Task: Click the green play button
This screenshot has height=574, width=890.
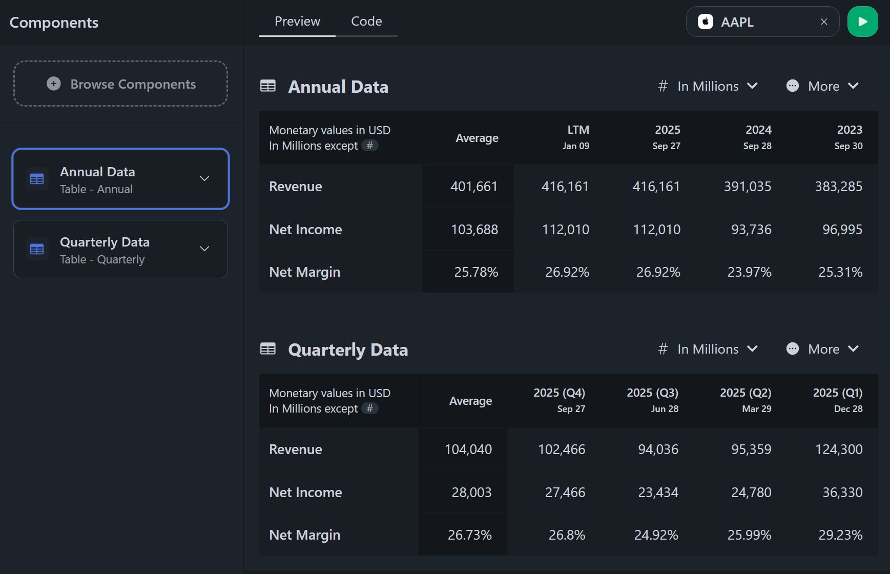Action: [862, 22]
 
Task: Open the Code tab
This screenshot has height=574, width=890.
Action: [366, 22]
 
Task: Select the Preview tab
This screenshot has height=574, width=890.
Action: [297, 22]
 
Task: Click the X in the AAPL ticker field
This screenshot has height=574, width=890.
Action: [824, 22]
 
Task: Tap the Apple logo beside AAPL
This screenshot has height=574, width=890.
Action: [706, 22]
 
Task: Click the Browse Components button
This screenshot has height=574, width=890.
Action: [121, 84]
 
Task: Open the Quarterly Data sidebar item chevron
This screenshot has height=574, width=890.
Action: [204, 249]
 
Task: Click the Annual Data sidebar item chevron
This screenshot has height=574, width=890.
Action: [204, 179]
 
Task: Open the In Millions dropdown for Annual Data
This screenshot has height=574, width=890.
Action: [708, 87]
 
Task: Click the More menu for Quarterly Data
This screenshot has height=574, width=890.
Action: [823, 350]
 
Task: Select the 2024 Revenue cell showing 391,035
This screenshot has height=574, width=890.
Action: [747, 187]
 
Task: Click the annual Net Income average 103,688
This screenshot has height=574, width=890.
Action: [474, 230]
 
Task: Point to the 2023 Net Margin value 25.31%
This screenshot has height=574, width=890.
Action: [840, 272]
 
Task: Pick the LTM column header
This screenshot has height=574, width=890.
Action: [577, 137]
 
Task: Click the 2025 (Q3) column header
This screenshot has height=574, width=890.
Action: [652, 400]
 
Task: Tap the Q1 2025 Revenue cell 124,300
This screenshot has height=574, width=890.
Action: [839, 449]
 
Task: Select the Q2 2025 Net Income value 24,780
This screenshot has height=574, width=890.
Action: [751, 493]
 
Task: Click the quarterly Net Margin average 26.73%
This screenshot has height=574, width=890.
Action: [469, 535]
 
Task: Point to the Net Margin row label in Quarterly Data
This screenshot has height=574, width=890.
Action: [304, 535]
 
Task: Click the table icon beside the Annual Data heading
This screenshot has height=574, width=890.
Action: [268, 86]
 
